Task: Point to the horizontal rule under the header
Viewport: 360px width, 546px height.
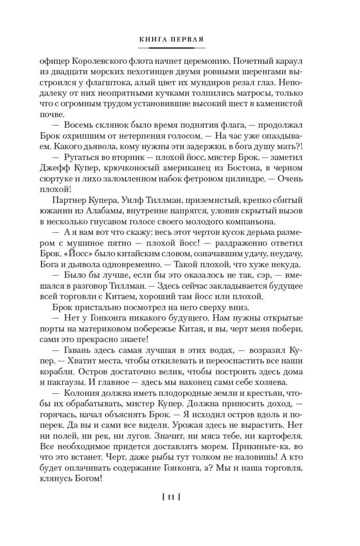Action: [171, 48]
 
